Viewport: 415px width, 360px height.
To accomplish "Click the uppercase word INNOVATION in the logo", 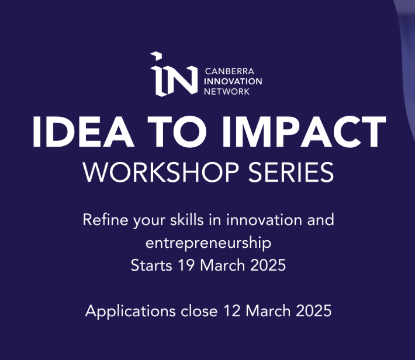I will pyautogui.click(x=233, y=81).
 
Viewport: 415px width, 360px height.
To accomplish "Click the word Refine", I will pyautogui.click(x=104, y=221).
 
